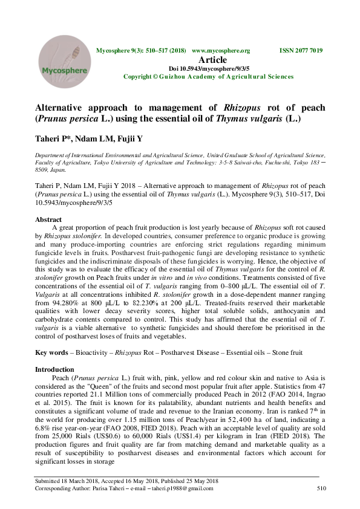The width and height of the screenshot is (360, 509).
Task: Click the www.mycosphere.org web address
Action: pos(220,50)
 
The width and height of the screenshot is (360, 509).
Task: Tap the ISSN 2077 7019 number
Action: pos(301,50)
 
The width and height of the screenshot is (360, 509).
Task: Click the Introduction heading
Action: pos(54,369)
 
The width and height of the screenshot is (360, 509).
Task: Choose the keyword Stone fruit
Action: pos(287,351)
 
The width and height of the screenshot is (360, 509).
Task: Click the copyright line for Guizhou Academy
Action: pos(208,77)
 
